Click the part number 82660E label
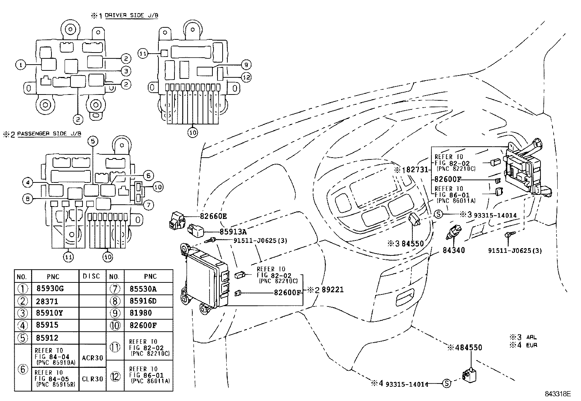[213, 216]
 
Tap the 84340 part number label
[454, 251]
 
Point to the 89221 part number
[332, 290]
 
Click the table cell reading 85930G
[50, 289]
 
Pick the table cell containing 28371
[47, 301]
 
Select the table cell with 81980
[141, 313]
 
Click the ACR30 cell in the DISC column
[92, 358]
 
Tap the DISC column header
[91, 276]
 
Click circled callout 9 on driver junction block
[246, 65]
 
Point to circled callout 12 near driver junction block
[246, 77]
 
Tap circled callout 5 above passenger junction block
[93, 141]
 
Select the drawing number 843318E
[557, 394]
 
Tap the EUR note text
[531, 345]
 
